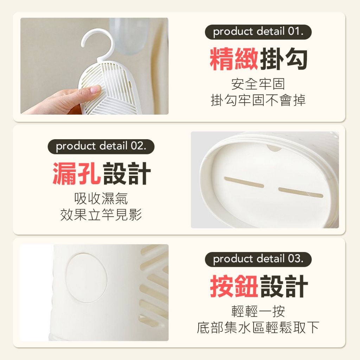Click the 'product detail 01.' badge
(258, 32)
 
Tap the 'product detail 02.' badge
(101, 147)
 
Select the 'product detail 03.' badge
(258, 259)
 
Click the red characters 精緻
(234, 59)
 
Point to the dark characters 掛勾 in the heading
(283, 59)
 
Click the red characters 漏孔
(77, 173)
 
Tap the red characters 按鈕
(234, 286)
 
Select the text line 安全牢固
(258, 84)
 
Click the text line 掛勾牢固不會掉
(258, 100)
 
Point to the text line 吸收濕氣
(101, 199)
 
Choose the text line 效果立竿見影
(101, 215)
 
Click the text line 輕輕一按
(258, 311)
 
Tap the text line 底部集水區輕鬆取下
(258, 327)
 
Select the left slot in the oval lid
(244, 182)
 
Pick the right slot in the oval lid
(301, 192)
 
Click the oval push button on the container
(86, 278)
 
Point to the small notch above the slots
(274, 148)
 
